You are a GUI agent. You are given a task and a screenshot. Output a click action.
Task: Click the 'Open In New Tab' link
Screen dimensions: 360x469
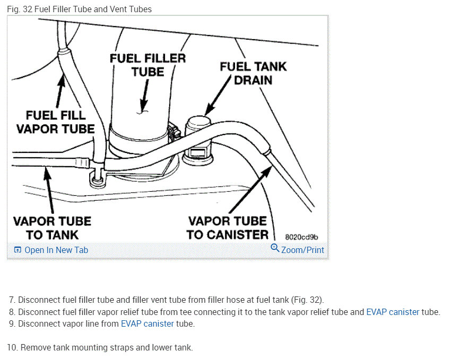coord(56,250)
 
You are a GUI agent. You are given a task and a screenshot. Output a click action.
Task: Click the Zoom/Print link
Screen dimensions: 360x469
coord(302,250)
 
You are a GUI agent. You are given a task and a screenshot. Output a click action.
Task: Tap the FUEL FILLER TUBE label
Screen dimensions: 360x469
coord(148,65)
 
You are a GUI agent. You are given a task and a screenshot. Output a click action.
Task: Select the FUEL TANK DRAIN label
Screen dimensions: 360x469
coord(253,73)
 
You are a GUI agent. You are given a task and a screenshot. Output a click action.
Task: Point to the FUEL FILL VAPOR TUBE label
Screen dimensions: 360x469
coord(55,122)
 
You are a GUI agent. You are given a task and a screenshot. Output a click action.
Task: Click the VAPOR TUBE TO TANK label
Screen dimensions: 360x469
coord(52,228)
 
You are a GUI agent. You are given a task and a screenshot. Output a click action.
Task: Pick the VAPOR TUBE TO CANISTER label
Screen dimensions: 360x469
coord(228,228)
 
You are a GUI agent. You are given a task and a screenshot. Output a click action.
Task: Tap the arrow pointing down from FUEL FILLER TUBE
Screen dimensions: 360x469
coord(143,95)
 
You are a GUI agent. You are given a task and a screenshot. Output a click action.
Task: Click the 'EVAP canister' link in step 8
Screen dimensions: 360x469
coord(393,312)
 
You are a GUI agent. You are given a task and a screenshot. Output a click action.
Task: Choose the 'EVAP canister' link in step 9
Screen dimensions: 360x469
coord(147,323)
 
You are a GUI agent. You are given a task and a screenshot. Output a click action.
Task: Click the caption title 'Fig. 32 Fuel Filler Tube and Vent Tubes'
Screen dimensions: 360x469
coord(80,9)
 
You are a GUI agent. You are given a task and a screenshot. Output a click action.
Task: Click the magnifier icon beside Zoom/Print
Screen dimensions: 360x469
coord(275,248)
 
